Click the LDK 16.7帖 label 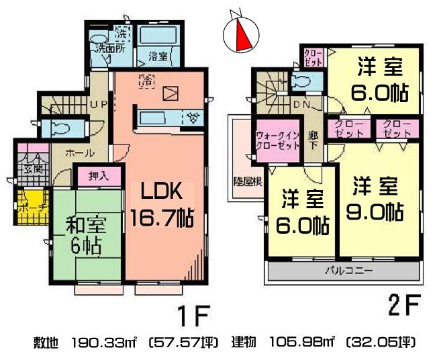click(x=161, y=204)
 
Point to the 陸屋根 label click(x=247, y=181)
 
